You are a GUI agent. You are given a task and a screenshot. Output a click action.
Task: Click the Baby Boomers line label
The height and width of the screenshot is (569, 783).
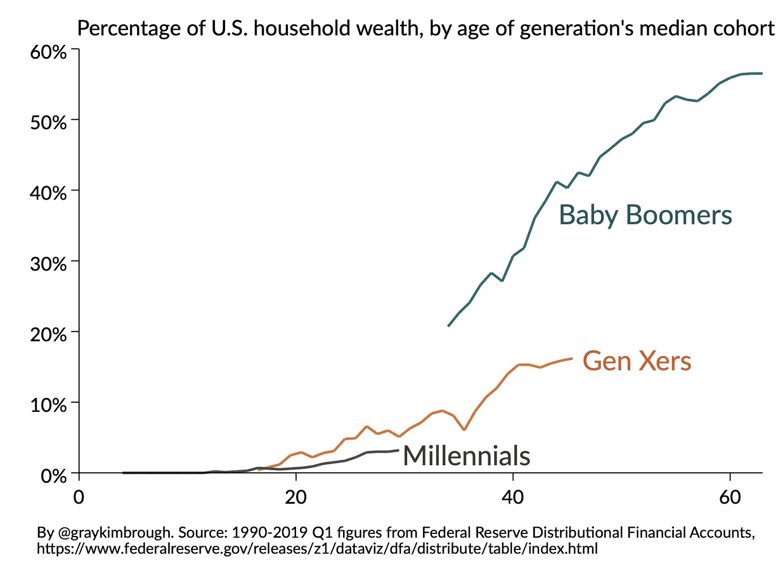click(x=645, y=215)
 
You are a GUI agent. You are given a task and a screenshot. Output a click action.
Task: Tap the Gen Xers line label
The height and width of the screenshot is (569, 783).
click(x=637, y=361)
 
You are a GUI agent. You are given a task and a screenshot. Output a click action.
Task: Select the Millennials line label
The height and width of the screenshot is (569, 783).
click(x=466, y=456)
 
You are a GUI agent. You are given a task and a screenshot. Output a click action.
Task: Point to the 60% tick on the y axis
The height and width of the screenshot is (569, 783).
click(x=48, y=51)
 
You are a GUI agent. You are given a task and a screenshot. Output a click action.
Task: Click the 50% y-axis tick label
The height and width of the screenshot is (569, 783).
click(x=48, y=122)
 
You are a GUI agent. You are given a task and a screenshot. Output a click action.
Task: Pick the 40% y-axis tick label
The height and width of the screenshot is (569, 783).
click(x=48, y=193)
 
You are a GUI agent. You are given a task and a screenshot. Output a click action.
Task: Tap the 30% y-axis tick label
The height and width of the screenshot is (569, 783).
click(x=48, y=264)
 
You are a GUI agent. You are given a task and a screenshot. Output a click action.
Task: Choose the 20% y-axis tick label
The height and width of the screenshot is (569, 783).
click(x=48, y=335)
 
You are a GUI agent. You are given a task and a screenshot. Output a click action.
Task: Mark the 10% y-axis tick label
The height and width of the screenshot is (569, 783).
click(x=48, y=405)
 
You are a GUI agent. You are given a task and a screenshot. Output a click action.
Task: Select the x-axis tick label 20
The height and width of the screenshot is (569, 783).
click(x=296, y=498)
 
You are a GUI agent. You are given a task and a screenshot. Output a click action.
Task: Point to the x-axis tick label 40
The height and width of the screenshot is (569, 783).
click(x=512, y=498)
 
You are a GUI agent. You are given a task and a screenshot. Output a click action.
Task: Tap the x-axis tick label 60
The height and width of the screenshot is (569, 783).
click(x=730, y=498)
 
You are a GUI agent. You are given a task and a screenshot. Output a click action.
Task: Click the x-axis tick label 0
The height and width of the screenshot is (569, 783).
click(x=79, y=498)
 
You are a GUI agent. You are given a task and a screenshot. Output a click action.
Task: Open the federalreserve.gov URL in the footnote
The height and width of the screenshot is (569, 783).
click(x=317, y=548)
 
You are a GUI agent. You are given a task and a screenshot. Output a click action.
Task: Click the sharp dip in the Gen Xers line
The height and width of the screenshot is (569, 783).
click(x=464, y=430)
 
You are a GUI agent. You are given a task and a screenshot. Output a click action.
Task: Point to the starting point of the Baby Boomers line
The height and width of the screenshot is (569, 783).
click(x=449, y=326)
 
